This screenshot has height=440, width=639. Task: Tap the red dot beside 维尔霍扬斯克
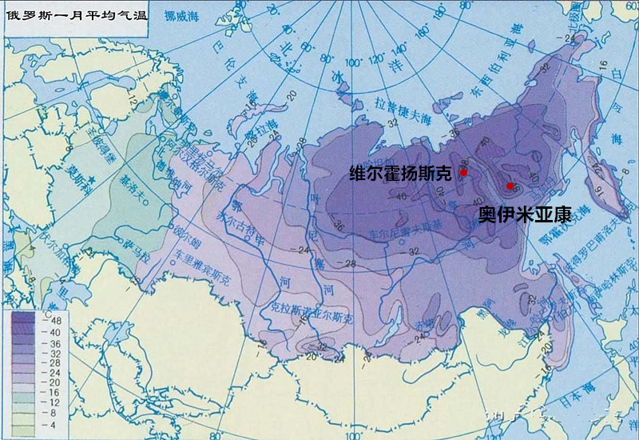pos(463,172)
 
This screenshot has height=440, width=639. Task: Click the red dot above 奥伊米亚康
pos(510,186)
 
